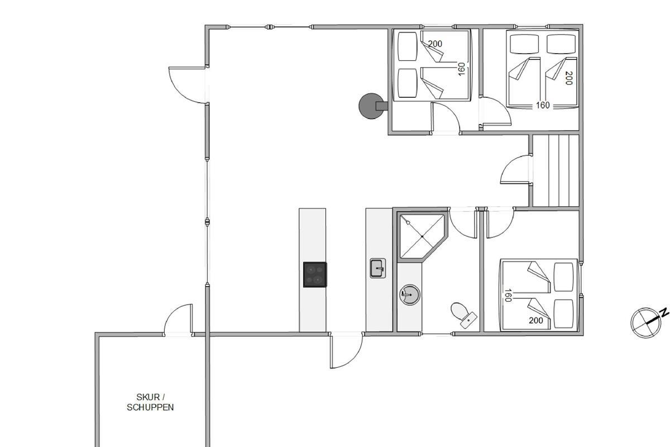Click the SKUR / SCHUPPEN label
click(x=150, y=402)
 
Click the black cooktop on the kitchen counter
click(x=315, y=274)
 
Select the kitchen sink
click(x=378, y=268)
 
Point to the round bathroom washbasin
click(x=409, y=295)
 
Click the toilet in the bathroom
click(x=463, y=315)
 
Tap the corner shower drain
click(x=422, y=236)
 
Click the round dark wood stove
click(x=371, y=106)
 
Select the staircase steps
click(x=556, y=170)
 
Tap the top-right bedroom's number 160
click(x=543, y=105)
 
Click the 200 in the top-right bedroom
click(x=568, y=78)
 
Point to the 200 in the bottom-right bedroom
click(x=535, y=320)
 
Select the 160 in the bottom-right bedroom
click(x=508, y=295)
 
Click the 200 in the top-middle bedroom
click(x=435, y=44)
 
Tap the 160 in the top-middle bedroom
click(x=462, y=69)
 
